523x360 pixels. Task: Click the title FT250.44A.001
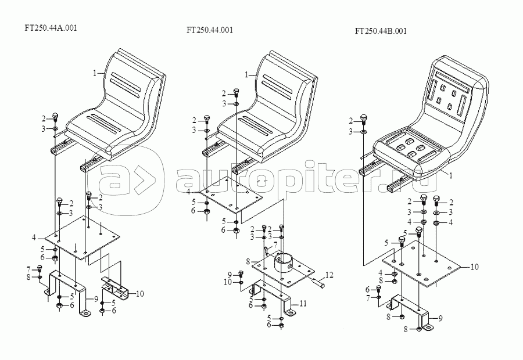click(51, 27)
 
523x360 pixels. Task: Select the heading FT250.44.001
click(210, 30)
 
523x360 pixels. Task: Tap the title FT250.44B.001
click(381, 31)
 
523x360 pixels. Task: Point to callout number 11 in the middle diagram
click(303, 303)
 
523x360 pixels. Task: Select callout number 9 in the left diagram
click(97, 299)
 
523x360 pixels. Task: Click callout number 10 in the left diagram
click(139, 293)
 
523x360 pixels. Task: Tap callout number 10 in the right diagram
click(475, 267)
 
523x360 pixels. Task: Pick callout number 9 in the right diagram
click(440, 318)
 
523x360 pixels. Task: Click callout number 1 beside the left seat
click(94, 73)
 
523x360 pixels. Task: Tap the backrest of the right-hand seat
click(456, 93)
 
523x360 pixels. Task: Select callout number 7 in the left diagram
click(28, 269)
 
